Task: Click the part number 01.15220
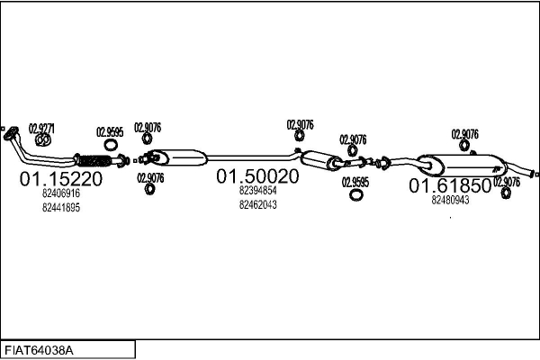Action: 61,178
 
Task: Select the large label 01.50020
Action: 256,176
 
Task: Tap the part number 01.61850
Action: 450,186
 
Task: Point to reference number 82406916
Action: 61,193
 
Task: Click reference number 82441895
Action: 61,208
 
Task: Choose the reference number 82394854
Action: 257,191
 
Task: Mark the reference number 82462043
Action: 257,204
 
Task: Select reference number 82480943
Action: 450,200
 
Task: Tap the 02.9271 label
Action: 41,129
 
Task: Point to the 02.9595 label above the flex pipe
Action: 109,131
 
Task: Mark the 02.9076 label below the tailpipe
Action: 507,181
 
